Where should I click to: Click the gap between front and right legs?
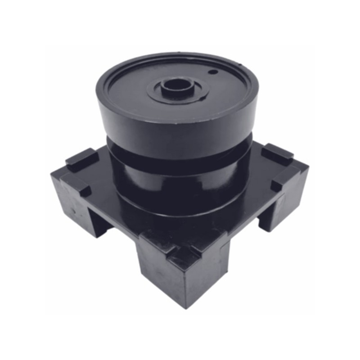click(x=245, y=229)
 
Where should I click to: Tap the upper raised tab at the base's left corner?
click(x=81, y=157)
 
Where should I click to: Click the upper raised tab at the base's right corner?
click(x=277, y=153)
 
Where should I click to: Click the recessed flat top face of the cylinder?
click(x=135, y=90)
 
